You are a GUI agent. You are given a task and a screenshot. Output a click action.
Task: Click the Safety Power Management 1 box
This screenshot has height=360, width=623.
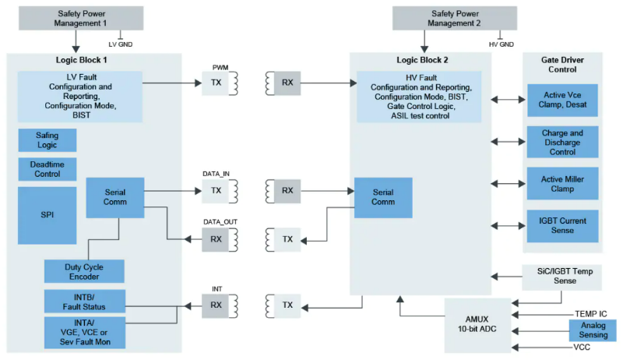76,18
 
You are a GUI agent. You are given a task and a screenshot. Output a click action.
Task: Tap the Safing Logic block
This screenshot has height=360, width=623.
47,140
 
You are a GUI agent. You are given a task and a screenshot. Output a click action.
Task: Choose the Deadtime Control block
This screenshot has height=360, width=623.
47,169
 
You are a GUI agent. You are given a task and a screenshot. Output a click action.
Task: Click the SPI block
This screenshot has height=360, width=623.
47,215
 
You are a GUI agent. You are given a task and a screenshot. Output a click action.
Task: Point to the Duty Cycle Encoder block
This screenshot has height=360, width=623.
83,271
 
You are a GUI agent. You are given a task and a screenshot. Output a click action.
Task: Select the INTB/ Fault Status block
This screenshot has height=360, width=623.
83,301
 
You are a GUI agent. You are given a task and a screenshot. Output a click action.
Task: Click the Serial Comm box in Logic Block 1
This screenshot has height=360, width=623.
115,196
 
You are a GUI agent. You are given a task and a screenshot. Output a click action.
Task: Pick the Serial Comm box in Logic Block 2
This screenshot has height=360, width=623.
383,196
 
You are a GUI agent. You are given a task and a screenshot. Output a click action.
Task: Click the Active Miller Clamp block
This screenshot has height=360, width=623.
562,185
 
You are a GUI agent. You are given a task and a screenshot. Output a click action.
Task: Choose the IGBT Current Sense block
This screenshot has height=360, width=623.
562,226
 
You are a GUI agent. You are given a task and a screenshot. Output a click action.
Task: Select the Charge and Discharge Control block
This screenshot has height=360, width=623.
562,143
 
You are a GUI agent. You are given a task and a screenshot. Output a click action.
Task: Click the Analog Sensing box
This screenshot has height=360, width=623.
592,330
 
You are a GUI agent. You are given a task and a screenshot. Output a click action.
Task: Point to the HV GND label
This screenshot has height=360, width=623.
502,44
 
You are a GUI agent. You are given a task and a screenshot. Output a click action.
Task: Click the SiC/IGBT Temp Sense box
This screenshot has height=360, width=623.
563,275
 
